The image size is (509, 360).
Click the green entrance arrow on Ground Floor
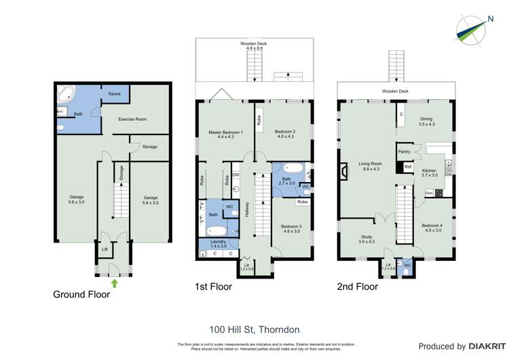coord(114,283)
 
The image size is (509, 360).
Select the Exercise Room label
coord(132,119)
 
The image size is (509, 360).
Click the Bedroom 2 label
coord(285,134)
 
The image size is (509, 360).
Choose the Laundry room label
coord(219,243)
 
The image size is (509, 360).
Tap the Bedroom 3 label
coord(291,228)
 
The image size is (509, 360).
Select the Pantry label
coord(405,151)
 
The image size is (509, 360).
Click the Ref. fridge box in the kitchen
coord(408,166)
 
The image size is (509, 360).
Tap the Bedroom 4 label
coord(432,228)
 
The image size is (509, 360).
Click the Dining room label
coord(426,121)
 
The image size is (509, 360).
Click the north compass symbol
coord(470,31)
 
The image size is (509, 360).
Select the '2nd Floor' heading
coord(357,287)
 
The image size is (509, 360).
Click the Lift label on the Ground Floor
coord(104,250)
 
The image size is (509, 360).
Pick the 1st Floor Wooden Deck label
coord(253,46)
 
